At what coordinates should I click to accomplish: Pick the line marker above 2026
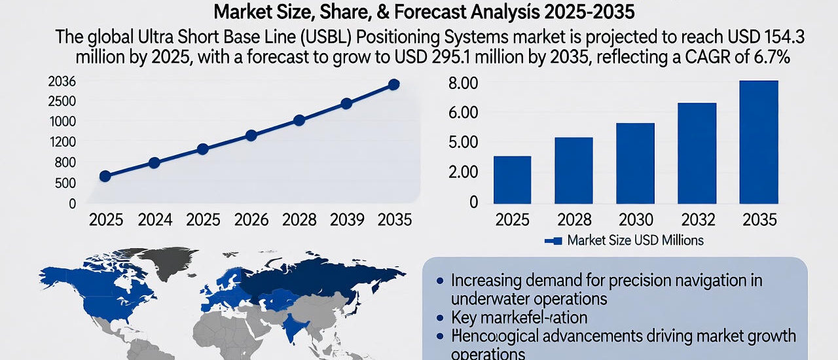pos(251,135)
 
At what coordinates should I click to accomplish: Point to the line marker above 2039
pos(346,103)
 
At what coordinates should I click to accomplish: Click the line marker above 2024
pos(154,163)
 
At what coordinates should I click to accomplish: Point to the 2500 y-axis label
pos(62,101)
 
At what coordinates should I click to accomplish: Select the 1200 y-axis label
pos(62,142)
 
